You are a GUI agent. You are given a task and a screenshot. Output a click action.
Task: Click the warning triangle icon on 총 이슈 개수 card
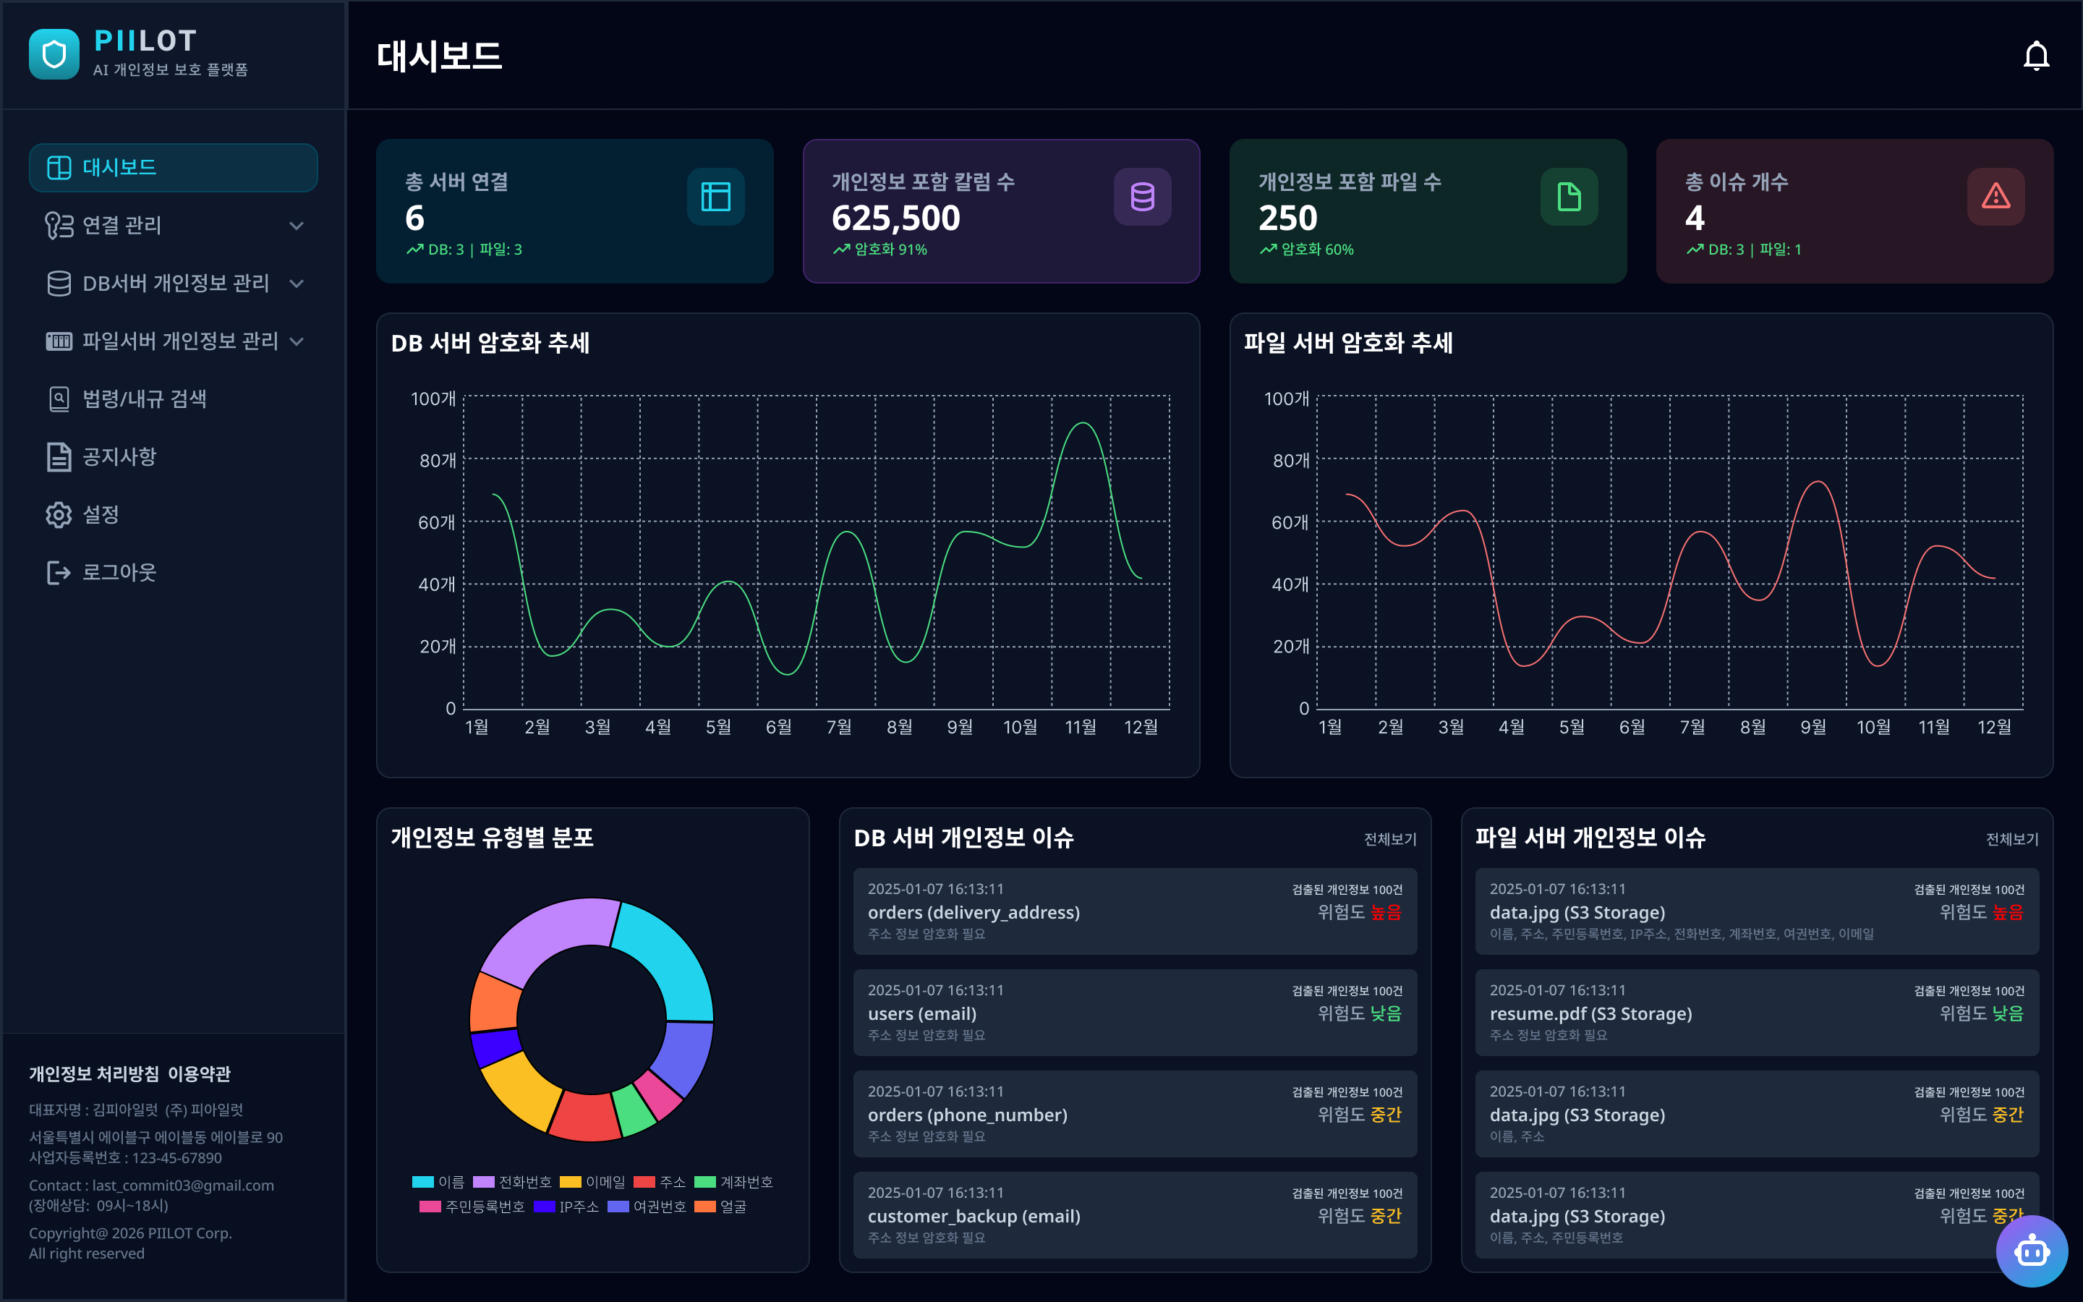pyautogui.click(x=1995, y=196)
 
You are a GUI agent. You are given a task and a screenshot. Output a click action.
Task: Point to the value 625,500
pyautogui.click(x=895, y=218)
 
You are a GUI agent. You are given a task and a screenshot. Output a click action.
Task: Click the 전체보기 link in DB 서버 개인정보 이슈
pyautogui.click(x=1389, y=839)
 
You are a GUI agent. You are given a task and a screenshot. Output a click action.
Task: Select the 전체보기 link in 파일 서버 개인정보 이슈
pyautogui.click(x=2011, y=839)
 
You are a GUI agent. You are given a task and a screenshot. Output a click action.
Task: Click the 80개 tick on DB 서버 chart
pyautogui.click(x=438, y=461)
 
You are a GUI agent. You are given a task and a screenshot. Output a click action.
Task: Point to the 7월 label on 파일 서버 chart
pyautogui.click(x=1692, y=727)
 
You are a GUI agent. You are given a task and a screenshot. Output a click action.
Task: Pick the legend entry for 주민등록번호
pyautogui.click(x=472, y=1207)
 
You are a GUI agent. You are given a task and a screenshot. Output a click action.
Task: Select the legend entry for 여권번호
pyautogui.click(x=647, y=1207)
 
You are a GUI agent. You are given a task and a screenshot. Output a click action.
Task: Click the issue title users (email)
pyautogui.click(x=922, y=1013)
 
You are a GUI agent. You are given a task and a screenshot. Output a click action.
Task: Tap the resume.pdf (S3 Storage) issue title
pyautogui.click(x=1590, y=1013)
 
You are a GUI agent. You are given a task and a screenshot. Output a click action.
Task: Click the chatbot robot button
pyautogui.click(x=2032, y=1251)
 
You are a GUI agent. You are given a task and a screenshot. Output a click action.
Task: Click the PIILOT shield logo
pyautogui.click(x=54, y=54)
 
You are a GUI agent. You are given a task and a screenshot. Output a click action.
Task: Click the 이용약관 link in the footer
pyautogui.click(x=199, y=1074)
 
